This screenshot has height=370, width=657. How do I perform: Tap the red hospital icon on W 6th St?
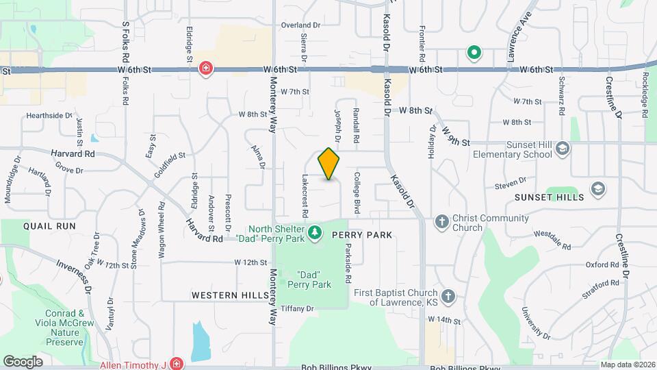click(x=205, y=69)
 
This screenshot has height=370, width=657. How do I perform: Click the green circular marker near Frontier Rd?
click(x=473, y=52)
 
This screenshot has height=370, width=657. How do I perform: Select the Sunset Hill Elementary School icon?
click(x=562, y=149)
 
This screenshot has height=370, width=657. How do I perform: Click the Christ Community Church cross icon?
click(x=441, y=222)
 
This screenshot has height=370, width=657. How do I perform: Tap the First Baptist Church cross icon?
click(x=448, y=296)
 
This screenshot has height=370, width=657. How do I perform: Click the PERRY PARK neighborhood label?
click(x=362, y=235)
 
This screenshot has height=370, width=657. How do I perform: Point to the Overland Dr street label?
click(x=300, y=25)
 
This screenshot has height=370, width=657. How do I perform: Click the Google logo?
click(x=23, y=361)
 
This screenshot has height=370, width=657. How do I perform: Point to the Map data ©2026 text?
click(x=627, y=365)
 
